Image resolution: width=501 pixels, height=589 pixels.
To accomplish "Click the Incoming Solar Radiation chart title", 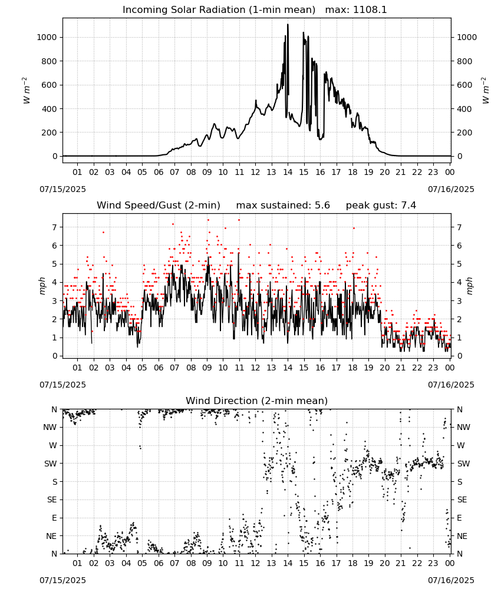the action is pyautogui.click(x=219, y=10).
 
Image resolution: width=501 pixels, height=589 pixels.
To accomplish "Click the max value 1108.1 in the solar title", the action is pyautogui.click(x=370, y=10).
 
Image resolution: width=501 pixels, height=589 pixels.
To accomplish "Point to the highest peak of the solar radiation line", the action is pyautogui.click(x=288, y=24).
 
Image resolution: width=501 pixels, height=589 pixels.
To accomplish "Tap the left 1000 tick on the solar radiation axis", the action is pyautogui.click(x=47, y=37).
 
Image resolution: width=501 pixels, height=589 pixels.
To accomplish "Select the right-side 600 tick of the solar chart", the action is pyautogui.click(x=464, y=85).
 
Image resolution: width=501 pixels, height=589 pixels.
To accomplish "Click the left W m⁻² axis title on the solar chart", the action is pyautogui.click(x=25, y=91).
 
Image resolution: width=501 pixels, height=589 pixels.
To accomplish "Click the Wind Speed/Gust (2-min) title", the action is pyautogui.click(x=159, y=206).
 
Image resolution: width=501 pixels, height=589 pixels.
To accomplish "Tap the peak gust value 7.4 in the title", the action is pyautogui.click(x=408, y=206).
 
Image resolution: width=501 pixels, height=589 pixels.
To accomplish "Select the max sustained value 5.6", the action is pyautogui.click(x=322, y=206).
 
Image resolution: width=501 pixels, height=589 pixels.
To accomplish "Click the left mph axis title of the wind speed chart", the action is pyautogui.click(x=42, y=286).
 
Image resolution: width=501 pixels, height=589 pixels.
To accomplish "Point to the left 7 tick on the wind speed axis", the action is pyautogui.click(x=55, y=227).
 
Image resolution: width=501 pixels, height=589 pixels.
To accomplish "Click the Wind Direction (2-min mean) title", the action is pyautogui.click(x=257, y=401).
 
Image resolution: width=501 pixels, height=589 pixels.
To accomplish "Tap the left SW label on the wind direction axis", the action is pyautogui.click(x=51, y=464).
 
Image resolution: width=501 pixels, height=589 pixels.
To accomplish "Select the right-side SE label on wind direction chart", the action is pyautogui.click(x=462, y=500).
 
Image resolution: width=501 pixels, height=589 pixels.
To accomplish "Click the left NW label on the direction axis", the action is pyautogui.click(x=50, y=428).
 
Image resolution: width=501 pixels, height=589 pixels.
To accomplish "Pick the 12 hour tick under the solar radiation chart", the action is pyautogui.click(x=256, y=173).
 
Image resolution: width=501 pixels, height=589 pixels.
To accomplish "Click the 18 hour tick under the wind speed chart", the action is pyautogui.click(x=352, y=368).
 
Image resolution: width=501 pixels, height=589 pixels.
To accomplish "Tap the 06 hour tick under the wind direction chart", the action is pyautogui.click(x=159, y=563).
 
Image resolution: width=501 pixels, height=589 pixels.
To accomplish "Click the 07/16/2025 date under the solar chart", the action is pyautogui.click(x=451, y=189).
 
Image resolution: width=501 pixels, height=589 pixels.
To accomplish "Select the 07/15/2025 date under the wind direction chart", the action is pyautogui.click(x=62, y=580).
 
